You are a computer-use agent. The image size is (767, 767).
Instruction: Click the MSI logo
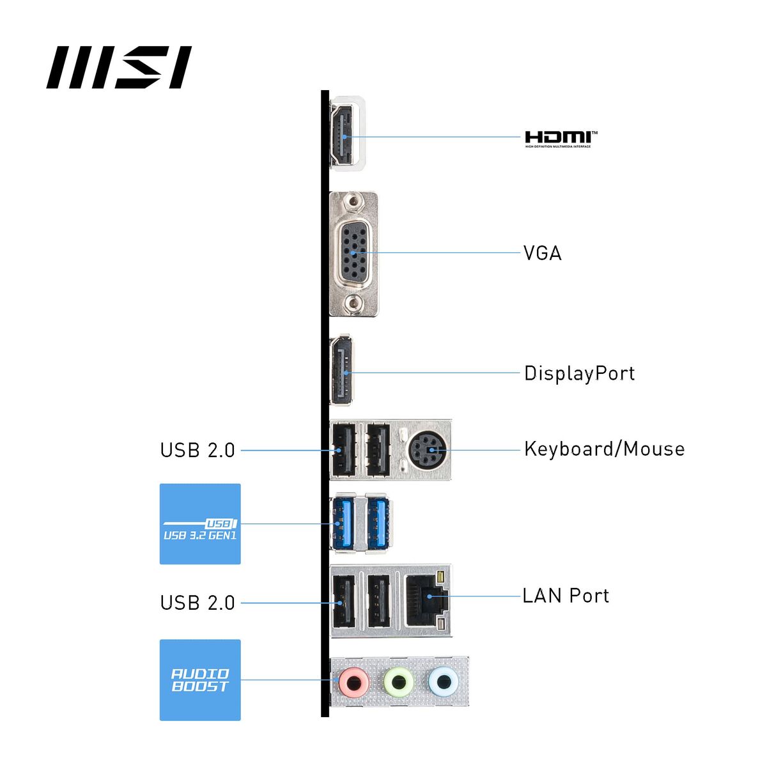coord(119,67)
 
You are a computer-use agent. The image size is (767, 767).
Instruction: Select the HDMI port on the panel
coord(343,136)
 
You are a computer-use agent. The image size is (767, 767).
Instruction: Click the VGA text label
coord(543,253)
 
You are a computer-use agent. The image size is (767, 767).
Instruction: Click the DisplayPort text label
coord(579,373)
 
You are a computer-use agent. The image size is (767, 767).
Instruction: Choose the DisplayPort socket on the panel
coord(343,372)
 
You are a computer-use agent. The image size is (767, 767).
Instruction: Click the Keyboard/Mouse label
coord(604,449)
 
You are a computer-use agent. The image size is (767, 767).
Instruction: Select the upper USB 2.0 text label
coord(198,450)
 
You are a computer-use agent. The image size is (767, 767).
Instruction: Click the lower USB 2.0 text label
coord(198,603)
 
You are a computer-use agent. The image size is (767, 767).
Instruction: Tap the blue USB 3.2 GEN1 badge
coord(200,524)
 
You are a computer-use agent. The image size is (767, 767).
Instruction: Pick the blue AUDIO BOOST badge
coord(200,680)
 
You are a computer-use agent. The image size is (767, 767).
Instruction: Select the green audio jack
coord(398,681)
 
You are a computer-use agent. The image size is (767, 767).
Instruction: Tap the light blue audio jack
coord(442,681)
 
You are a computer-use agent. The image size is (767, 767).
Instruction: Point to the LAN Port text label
coord(566,596)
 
